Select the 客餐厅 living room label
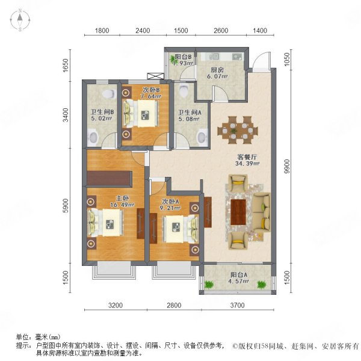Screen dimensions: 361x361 248,155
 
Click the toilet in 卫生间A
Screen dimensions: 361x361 185,90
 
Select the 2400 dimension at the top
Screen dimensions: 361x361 143,30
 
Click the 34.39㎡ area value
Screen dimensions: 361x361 248,163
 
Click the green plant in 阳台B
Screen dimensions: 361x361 174,59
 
